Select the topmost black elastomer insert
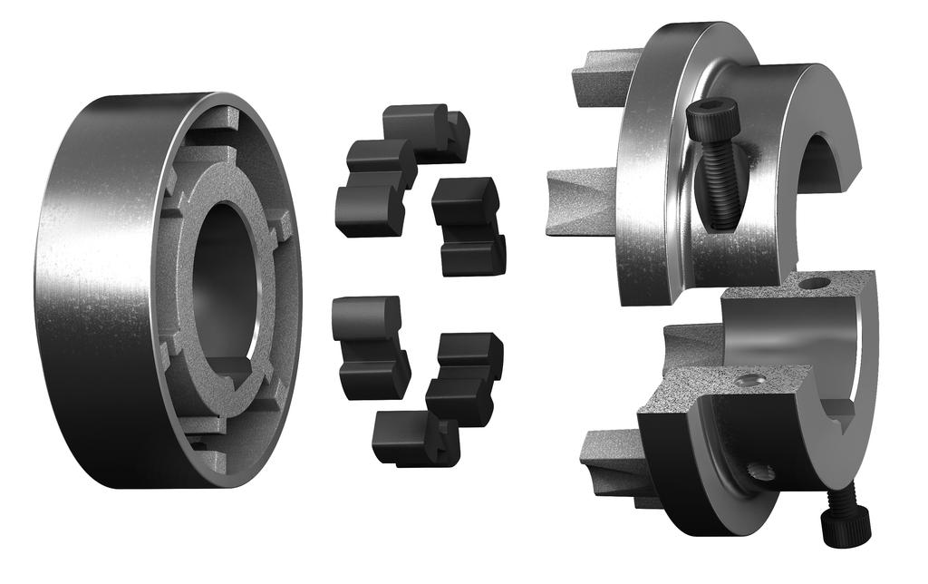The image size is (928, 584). tap(421, 127)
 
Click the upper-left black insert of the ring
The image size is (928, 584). tap(373, 186)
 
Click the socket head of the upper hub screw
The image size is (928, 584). tap(711, 118)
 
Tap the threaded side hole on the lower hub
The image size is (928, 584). tap(759, 472)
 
